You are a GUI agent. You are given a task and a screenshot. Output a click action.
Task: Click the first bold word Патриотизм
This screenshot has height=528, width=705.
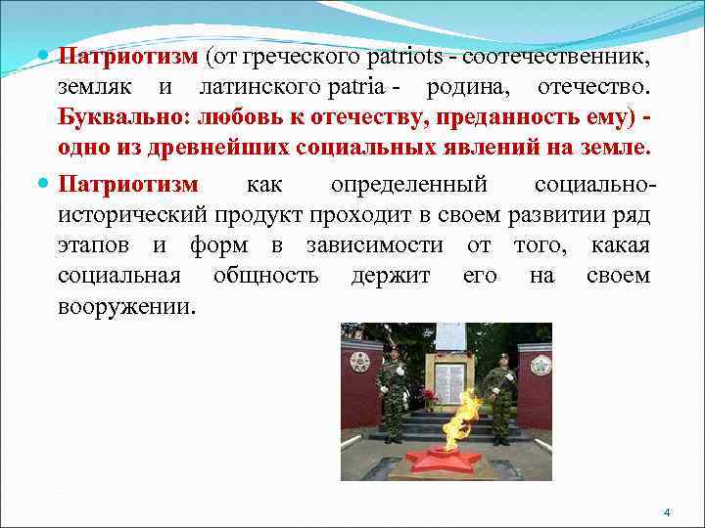pos(127,57)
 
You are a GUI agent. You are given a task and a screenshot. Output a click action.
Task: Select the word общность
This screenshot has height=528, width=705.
pos(265,275)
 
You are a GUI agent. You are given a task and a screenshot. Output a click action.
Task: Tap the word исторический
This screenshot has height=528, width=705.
pos(132,214)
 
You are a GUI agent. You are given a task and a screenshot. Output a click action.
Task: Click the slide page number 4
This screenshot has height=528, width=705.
pos(666,512)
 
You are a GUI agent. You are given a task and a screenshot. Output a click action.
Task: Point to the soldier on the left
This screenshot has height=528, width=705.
pos(391,396)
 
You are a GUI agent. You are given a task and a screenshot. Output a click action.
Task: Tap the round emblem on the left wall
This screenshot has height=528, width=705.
pos(360,362)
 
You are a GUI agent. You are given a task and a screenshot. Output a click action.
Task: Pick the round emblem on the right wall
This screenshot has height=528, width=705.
pos(540,365)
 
